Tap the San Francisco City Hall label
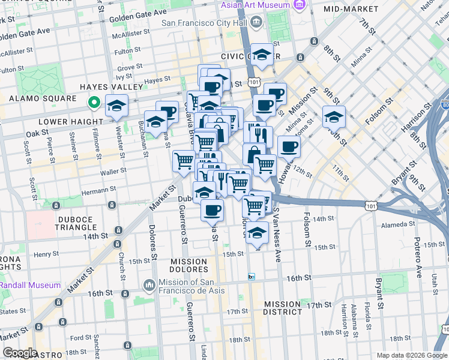pos(205,23)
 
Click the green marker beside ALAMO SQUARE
pos(94,103)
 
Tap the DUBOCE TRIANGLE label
pos(76,223)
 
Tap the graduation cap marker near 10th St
pos(334,116)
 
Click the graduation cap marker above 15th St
pos(258,233)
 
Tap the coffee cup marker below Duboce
pos(211,209)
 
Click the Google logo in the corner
pos(19,353)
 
